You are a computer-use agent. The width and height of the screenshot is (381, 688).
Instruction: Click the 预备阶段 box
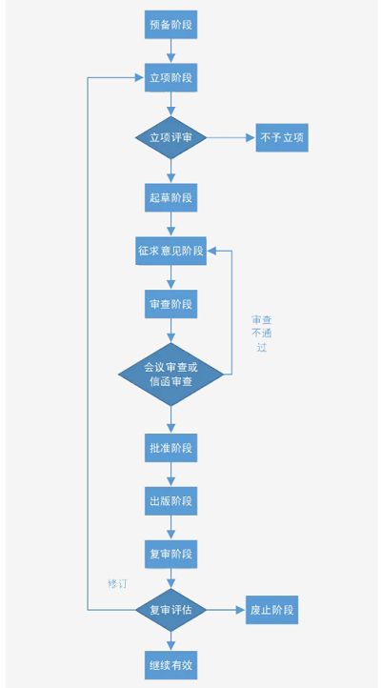pyautogui.click(x=171, y=25)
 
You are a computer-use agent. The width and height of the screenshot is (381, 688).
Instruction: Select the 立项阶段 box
pyautogui.click(x=171, y=78)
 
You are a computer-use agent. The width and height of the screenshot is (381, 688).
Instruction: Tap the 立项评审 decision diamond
pyautogui.click(x=171, y=138)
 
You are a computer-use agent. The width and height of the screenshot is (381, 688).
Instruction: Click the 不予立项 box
pyautogui.click(x=282, y=138)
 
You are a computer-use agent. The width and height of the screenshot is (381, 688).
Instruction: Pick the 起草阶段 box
pyautogui.click(x=171, y=197)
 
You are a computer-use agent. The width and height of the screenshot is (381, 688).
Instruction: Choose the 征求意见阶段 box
pyautogui.click(x=171, y=251)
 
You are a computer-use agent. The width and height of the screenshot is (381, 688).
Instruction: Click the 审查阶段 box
pyautogui.click(x=171, y=304)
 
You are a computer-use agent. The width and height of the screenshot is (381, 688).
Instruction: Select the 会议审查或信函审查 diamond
pyautogui.click(x=171, y=374)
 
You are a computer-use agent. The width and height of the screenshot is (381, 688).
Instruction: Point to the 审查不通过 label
pyautogui.click(x=262, y=334)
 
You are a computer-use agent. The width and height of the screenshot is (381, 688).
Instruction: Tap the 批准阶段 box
pyautogui.click(x=171, y=448)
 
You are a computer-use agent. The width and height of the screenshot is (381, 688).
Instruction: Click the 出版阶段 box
pyautogui.click(x=171, y=500)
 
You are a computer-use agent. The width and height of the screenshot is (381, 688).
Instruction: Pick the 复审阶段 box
pyautogui.click(x=171, y=554)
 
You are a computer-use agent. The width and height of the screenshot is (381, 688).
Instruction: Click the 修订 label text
pyautogui.click(x=117, y=584)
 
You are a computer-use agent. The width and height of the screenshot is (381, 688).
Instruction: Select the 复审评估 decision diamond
pyautogui.click(x=171, y=610)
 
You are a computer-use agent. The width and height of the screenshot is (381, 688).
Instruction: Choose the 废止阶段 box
pyautogui.click(x=271, y=610)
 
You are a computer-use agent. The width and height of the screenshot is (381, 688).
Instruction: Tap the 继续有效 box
pyautogui.click(x=171, y=665)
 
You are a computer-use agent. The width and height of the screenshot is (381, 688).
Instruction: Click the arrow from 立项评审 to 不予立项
pyautogui.click(x=231, y=138)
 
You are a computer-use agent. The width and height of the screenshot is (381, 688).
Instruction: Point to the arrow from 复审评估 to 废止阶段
pyautogui.click(x=227, y=610)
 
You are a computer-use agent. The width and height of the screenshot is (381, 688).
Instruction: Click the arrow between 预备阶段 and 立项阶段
pyautogui.click(x=171, y=51)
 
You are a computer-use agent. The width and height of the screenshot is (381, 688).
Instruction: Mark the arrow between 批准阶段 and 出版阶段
pyautogui.click(x=171, y=475)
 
